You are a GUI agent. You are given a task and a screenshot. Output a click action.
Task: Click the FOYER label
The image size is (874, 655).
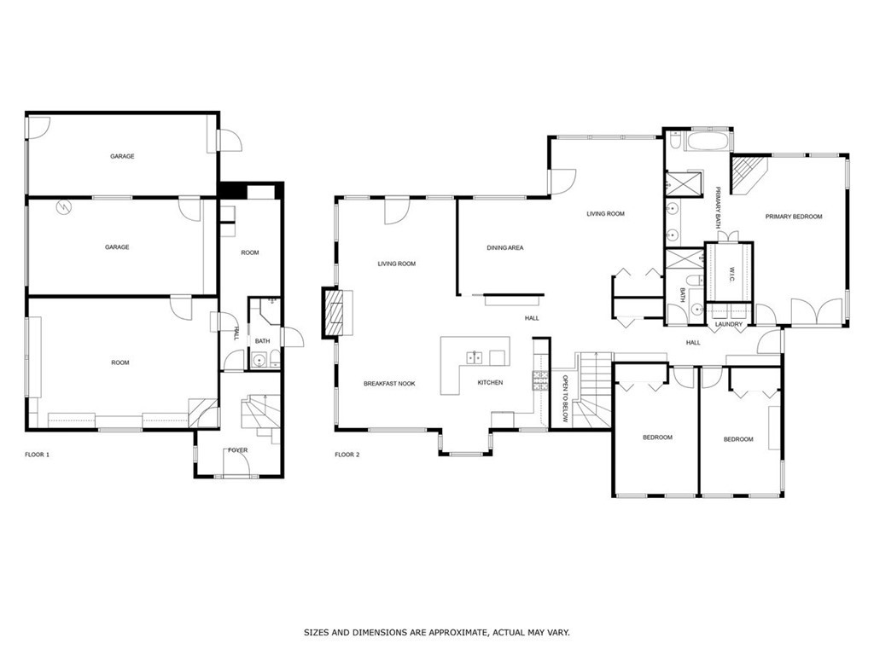pos(237,449)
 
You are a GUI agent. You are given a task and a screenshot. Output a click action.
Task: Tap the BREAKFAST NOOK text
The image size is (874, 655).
pos(389,384)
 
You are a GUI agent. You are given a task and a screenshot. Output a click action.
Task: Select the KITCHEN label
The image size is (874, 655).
pos(490,383)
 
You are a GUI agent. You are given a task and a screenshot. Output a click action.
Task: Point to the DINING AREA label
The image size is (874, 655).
pos(504,247)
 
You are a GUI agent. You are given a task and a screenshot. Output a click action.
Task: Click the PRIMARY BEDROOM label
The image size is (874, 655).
pos(794,217)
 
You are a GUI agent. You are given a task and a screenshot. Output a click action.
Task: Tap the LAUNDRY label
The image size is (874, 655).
pos(729,324)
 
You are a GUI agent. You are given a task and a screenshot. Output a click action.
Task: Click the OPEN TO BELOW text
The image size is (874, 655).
pos(565,400)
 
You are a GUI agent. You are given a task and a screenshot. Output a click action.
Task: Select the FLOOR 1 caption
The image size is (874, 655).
pos(38,455)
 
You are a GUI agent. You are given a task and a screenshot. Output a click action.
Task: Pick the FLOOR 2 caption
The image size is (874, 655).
pos(347,455)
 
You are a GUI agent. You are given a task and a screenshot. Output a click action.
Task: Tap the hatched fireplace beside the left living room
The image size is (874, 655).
pos(336,312)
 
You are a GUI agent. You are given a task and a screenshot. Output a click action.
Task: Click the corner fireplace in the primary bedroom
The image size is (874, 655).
pos(750,174)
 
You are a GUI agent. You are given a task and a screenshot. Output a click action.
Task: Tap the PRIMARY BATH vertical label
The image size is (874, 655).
pos(719,208)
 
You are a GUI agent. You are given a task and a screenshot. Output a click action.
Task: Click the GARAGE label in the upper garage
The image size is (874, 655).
pos(122,156)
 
